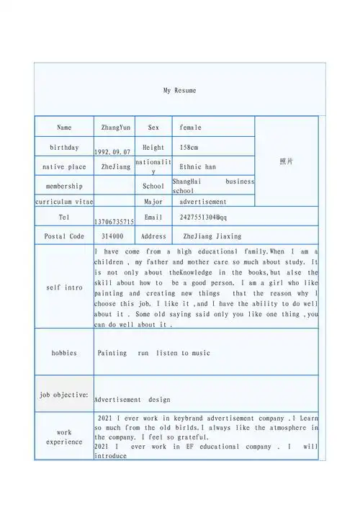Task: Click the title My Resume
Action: (179, 91)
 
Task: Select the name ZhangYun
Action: (115, 127)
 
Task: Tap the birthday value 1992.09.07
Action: (112, 153)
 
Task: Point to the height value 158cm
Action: (189, 147)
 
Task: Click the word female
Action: (190, 127)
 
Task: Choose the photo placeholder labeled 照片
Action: (286, 161)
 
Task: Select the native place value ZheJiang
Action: (116, 166)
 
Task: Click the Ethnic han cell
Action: (197, 166)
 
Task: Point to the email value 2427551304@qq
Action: (203, 217)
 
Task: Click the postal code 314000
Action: (112, 236)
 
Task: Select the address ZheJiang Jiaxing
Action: (212, 236)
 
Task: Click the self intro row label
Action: (64, 287)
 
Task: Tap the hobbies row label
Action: (64, 353)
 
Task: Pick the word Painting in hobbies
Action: (112, 353)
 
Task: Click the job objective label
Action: (64, 395)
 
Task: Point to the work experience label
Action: (64, 437)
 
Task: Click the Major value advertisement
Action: (203, 202)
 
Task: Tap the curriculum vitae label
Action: (64, 202)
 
